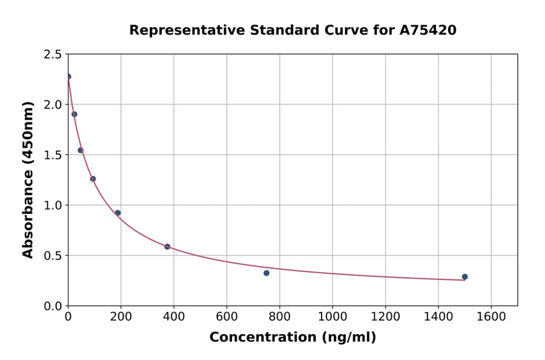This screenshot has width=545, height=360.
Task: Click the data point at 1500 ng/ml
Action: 464,276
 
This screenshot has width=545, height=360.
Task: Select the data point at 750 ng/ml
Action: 266,273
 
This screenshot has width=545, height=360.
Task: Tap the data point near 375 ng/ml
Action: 167,247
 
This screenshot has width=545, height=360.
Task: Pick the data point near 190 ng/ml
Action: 118,213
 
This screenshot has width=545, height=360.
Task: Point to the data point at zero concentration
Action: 68,76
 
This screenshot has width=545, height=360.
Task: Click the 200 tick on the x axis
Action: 121,316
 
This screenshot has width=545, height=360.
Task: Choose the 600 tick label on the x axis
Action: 226,316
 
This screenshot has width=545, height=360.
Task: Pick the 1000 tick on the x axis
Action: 332,316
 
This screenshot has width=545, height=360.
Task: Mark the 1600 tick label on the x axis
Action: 491,316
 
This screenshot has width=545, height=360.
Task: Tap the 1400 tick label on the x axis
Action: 438,316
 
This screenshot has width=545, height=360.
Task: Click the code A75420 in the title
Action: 427,30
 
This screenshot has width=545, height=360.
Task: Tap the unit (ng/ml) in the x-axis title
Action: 349,337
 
